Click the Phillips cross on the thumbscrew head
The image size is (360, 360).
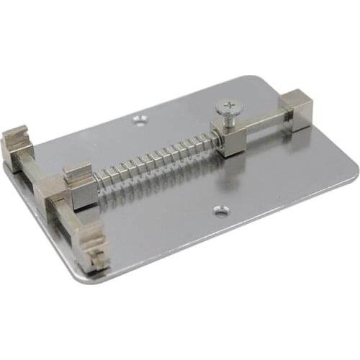228,108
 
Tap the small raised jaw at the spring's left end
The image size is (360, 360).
77,174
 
